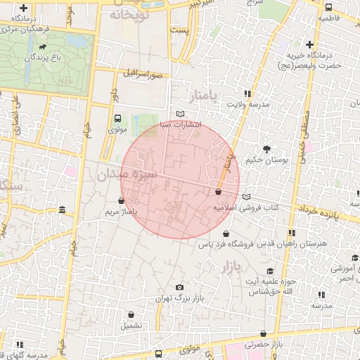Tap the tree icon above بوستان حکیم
click(267, 148)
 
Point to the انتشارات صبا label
click(181, 124)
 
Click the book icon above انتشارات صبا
click(181, 114)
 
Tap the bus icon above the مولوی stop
click(117, 118)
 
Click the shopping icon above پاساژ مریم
click(122, 200)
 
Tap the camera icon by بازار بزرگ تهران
click(180, 288)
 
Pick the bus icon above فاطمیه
click(329, 6)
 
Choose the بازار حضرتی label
click(264, 345)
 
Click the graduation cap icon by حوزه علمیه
click(270, 271)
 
